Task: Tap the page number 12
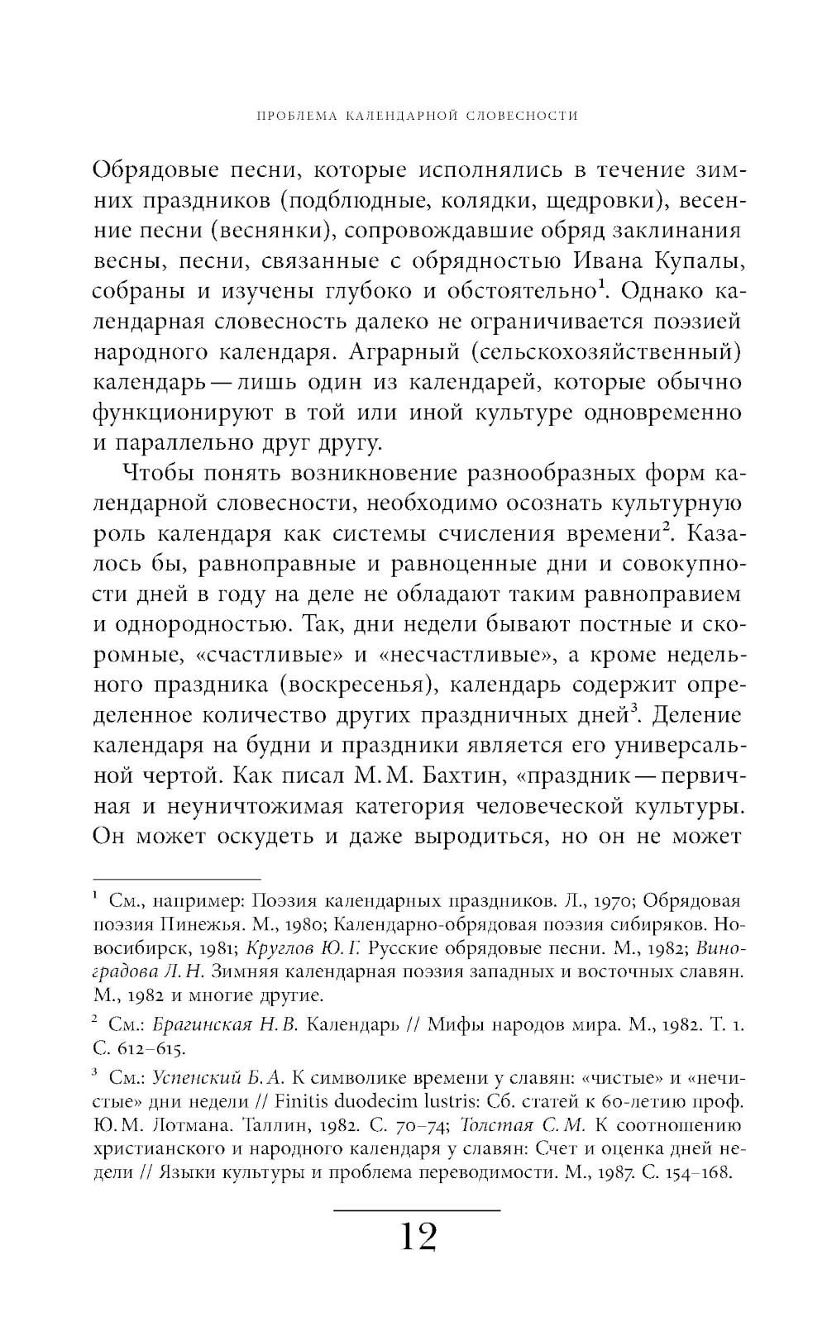click(418, 1237)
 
